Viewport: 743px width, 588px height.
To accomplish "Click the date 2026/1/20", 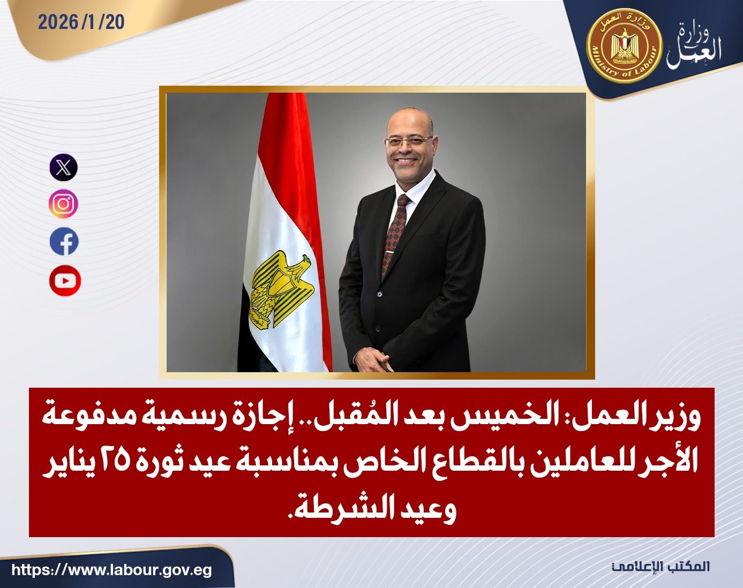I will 81,22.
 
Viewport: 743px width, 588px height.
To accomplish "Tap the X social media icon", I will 64,168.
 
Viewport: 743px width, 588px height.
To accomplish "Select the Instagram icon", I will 64,204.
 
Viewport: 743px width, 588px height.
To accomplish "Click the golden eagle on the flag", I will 283,289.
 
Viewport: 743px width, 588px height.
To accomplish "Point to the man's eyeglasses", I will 409,141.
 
